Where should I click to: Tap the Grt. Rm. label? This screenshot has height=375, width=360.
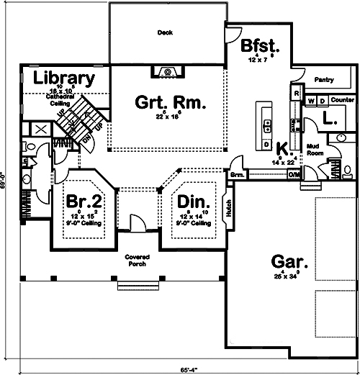click(x=171, y=102)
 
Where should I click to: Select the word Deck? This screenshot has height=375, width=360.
click(x=166, y=32)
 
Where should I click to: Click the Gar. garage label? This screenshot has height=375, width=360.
click(x=288, y=261)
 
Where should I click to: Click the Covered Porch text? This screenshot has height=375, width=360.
click(x=136, y=260)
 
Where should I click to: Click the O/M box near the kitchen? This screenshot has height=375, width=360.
click(x=294, y=175)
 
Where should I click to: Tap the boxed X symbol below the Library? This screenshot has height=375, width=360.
click(x=40, y=130)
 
